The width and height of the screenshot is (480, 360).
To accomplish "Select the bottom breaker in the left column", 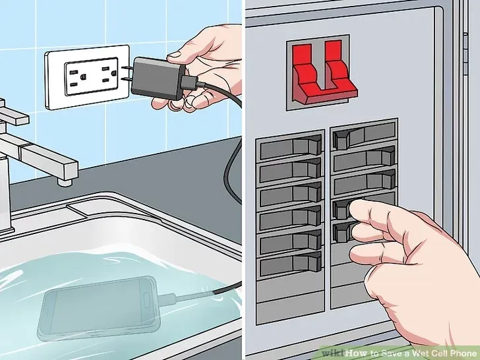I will [291, 266].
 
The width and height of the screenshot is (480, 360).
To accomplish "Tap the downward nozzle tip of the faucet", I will [63, 179].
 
